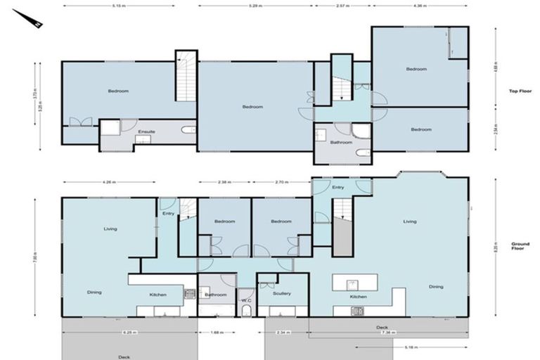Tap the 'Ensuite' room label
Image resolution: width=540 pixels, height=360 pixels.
pyautogui.click(x=146, y=131)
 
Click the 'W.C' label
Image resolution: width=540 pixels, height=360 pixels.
pyautogui.click(x=246, y=301)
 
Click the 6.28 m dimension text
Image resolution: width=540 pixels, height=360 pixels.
pyautogui.click(x=129, y=333)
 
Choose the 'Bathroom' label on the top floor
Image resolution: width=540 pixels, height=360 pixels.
pyautogui.click(x=340, y=143)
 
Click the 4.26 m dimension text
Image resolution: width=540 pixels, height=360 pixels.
pyautogui.click(x=108, y=182)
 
